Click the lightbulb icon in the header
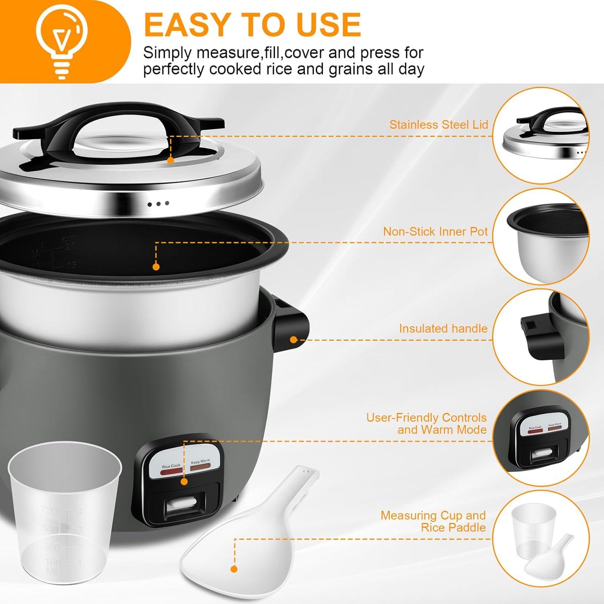[61, 40]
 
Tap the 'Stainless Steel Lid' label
[438, 125]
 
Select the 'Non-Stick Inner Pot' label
[435, 232]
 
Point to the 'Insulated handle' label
[443, 329]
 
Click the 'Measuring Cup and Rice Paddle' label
[433, 521]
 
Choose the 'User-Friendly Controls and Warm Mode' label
[426, 424]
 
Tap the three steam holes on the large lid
[158, 204]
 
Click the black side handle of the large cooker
[292, 326]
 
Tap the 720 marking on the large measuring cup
[49, 510]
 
